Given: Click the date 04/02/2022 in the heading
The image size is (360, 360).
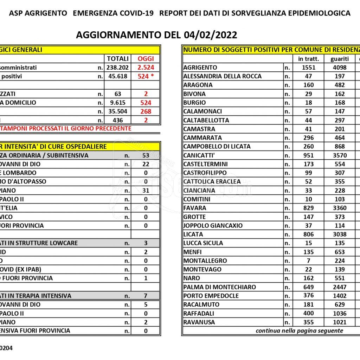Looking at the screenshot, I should (x=210, y=35).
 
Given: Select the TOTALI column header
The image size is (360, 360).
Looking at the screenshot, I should (x=117, y=59).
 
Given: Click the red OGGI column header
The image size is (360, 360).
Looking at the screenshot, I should (x=146, y=59).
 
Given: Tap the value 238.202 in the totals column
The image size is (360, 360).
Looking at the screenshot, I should (x=117, y=67).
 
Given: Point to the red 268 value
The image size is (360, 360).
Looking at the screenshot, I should (x=146, y=111).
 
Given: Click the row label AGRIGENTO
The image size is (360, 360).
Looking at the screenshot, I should (x=200, y=67).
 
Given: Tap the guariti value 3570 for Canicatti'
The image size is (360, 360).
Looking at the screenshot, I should (x=340, y=155).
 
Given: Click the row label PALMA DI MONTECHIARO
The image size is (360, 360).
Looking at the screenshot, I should (x=219, y=287).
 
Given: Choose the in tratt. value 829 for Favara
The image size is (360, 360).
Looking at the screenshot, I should (x=308, y=208).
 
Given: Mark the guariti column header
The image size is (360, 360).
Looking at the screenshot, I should (x=340, y=59).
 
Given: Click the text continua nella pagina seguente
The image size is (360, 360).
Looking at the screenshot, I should (x=299, y=330).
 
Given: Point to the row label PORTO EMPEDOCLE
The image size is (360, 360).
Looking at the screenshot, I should (x=211, y=296).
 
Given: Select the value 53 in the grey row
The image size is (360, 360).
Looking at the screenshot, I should (x=146, y=155).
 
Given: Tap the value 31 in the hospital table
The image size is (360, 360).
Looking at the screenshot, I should (x=146, y=191).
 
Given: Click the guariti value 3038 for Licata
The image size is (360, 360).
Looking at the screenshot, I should (x=340, y=234).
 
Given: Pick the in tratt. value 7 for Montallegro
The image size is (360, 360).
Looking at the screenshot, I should (x=308, y=261).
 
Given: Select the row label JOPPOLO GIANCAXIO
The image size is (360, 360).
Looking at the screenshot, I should (x=213, y=226).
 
